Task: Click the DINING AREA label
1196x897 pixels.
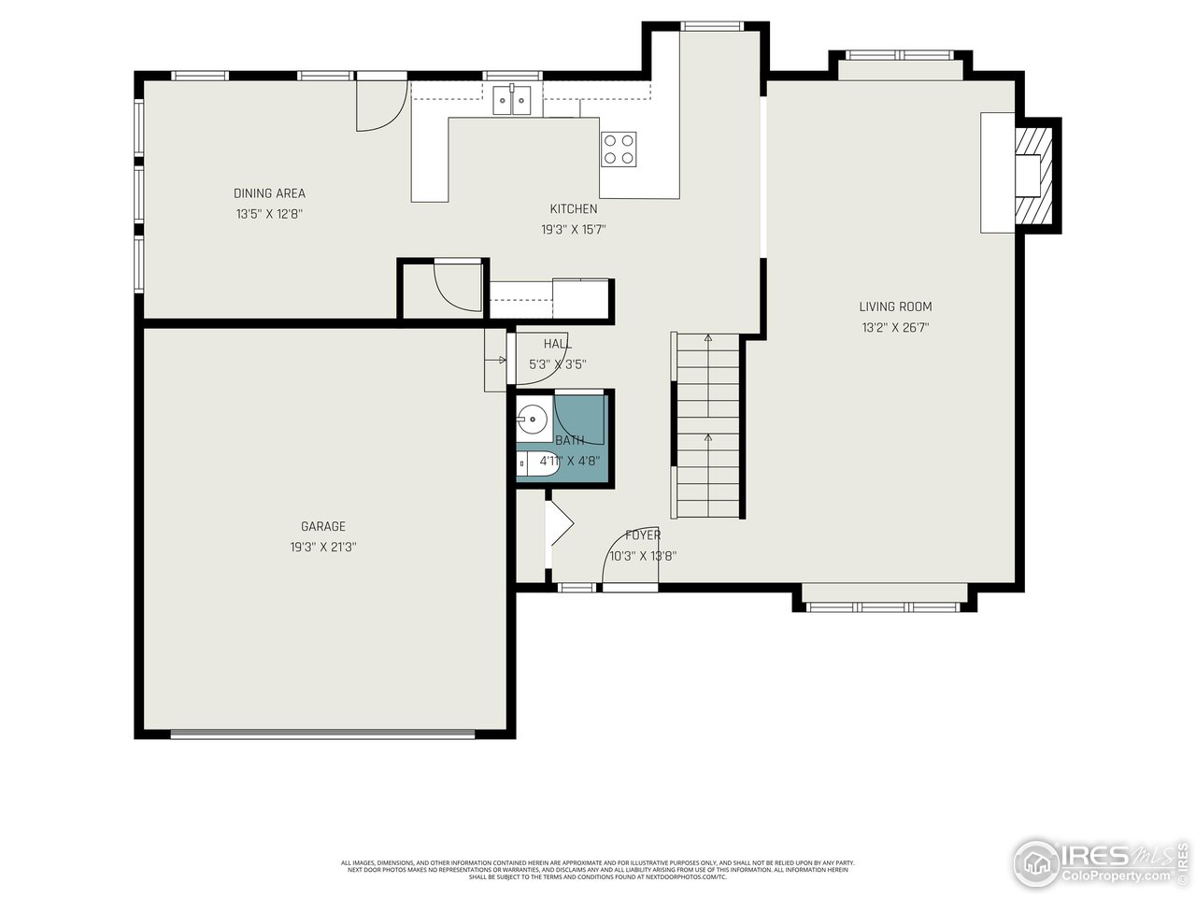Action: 269,193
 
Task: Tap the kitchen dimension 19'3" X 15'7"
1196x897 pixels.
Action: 574,229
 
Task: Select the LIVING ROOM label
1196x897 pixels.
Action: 895,306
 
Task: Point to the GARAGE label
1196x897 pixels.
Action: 323,526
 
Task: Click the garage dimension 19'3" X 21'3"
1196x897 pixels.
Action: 323,548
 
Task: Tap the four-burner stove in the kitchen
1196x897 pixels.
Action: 619,149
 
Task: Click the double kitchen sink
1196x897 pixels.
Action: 512,98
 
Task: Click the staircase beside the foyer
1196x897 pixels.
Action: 707,425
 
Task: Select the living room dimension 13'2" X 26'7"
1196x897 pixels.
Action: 895,328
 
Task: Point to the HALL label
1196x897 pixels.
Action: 557,344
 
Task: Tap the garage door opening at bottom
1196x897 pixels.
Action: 323,733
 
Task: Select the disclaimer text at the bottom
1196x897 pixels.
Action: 598,870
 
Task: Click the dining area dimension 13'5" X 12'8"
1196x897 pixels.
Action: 269,214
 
